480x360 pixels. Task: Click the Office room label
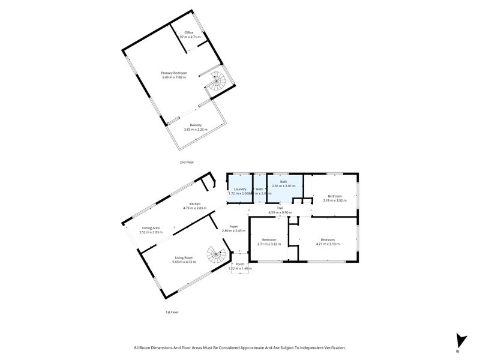pyautogui.click(x=188, y=32)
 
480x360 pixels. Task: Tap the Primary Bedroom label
pyautogui.click(x=174, y=73)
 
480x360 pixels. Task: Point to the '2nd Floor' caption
pyautogui.click(x=187, y=162)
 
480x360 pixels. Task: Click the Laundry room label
pyautogui.click(x=240, y=189)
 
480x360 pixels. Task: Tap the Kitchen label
pyautogui.click(x=194, y=204)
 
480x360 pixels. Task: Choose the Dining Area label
pyautogui.click(x=151, y=228)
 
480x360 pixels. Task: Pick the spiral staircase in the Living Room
pyautogui.click(x=215, y=256)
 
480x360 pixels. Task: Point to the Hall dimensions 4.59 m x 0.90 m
pyautogui.click(x=280, y=212)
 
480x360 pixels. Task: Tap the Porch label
pyautogui.click(x=239, y=264)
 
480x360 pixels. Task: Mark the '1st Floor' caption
pyautogui.click(x=172, y=312)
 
